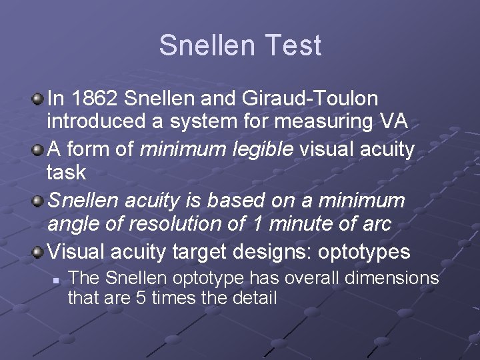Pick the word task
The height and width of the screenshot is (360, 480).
pyautogui.click(x=66, y=173)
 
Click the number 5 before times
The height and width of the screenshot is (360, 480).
pyautogui.click(x=141, y=297)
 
